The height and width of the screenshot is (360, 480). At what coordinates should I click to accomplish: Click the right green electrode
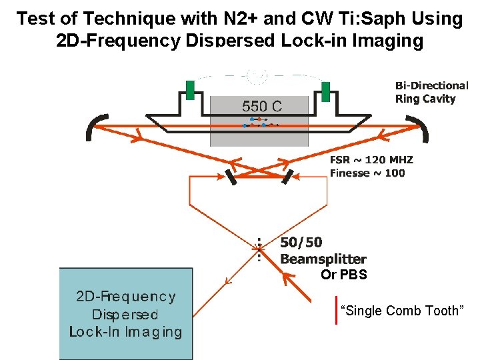[326, 91]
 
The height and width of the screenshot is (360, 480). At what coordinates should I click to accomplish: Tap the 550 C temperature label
[261, 106]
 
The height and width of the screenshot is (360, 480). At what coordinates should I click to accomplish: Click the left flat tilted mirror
[231, 177]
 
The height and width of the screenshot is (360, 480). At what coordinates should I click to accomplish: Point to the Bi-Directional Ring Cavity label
[431, 92]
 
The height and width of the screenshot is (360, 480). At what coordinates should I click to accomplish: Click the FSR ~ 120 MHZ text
[371, 160]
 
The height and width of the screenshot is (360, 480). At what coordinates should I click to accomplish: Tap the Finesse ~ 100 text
[367, 173]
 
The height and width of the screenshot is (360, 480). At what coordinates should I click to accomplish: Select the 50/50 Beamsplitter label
[323, 251]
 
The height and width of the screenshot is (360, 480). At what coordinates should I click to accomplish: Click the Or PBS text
[343, 275]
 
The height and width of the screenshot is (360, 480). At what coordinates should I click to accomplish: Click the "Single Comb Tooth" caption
[400, 311]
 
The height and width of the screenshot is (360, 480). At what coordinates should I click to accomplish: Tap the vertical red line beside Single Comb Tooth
[336, 311]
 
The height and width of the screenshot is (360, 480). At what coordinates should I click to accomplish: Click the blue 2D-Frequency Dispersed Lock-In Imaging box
[126, 313]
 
